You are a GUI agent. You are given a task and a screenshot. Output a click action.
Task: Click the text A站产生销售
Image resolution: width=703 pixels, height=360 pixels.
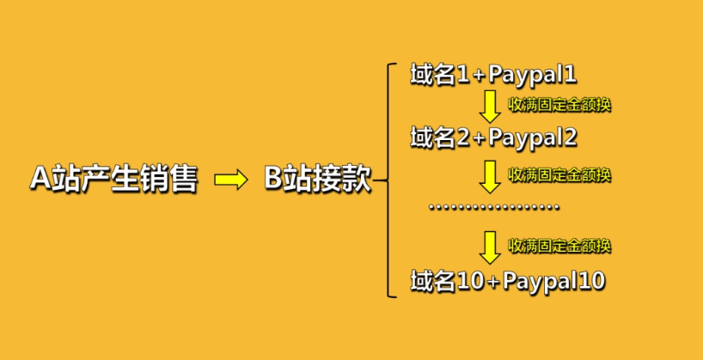click(114, 180)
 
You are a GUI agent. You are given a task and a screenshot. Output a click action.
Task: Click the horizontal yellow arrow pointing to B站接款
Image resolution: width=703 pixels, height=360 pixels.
click(231, 180)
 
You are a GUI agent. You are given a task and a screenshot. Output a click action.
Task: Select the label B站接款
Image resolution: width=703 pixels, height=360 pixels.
click(318, 180)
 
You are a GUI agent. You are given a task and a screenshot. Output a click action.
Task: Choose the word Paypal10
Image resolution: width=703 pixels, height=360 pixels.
click(554, 282)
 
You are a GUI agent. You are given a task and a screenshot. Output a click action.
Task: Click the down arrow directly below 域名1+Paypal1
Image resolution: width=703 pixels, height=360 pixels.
click(490, 107)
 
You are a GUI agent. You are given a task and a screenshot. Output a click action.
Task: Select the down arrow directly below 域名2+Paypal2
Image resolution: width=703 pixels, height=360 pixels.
click(490, 177)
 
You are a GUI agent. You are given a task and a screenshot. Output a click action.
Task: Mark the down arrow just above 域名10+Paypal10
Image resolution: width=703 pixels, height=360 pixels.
click(490, 247)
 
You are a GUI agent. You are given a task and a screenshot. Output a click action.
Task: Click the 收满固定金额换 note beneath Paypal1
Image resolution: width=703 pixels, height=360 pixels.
click(559, 106)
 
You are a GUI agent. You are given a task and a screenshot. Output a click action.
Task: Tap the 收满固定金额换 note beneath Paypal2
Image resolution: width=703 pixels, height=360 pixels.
click(559, 175)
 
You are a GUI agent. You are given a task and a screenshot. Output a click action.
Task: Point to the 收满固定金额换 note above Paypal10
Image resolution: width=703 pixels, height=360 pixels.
click(559, 246)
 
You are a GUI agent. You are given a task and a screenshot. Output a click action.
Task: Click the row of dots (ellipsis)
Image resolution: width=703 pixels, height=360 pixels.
click(493, 207)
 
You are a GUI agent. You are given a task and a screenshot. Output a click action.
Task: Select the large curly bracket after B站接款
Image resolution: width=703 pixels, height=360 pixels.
click(385, 180)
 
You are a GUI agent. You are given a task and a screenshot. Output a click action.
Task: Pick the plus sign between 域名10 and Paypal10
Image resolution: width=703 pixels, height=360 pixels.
click(493, 283)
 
